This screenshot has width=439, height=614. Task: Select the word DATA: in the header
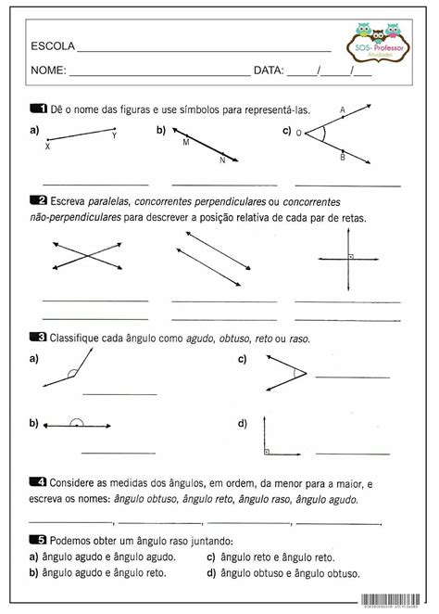(268, 70)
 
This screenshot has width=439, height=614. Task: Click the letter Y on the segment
(114, 136)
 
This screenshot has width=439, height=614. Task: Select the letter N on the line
(222, 160)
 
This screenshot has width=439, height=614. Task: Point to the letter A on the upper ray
(343, 109)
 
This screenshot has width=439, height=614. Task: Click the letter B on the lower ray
(343, 158)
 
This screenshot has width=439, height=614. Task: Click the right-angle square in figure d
(267, 452)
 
